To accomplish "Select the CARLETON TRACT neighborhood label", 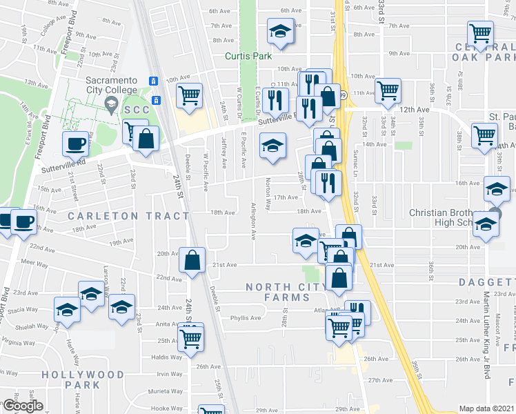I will click(129, 216).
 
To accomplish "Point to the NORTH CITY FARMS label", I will click(279, 292).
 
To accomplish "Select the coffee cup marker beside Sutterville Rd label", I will click(75, 144).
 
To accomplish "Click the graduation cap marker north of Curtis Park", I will click(279, 30).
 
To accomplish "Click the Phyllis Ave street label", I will click(246, 318).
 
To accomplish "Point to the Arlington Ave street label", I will click(253, 221).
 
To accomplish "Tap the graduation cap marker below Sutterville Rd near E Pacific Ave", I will click(272, 146).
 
